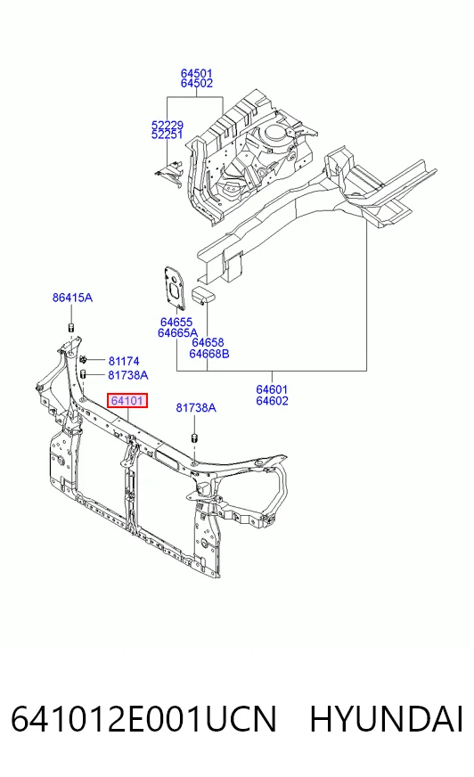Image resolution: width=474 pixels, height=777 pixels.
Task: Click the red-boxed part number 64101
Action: pos(127,400)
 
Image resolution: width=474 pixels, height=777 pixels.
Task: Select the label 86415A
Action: pos(72,298)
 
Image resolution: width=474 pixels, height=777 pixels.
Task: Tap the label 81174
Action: pos(124,361)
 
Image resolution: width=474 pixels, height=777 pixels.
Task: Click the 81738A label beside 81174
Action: pos(127,375)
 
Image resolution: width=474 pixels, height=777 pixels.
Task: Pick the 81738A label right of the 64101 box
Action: pos(196,408)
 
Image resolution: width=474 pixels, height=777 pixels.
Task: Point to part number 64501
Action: pos(196,73)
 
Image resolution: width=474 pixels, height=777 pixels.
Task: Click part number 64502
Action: pos(196,83)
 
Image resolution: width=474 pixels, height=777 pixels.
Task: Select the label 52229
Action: pos(167,125)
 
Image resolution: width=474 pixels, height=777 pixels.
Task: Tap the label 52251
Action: pos(167,135)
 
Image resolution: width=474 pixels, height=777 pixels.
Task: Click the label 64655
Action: pos(176,323)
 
